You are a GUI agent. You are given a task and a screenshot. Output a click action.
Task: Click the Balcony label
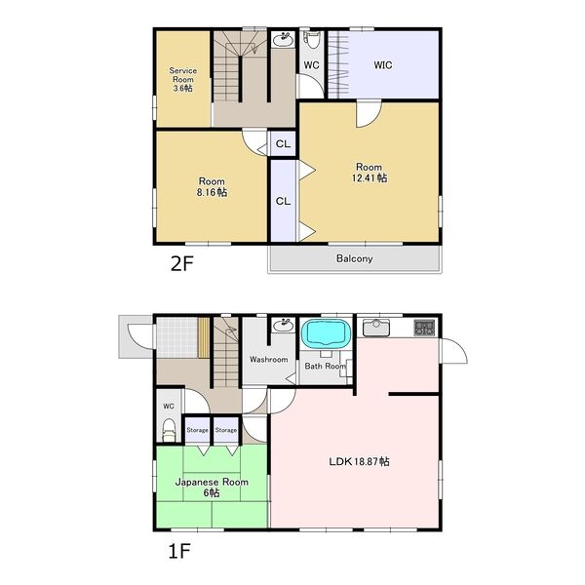pyautogui.click(x=354, y=258)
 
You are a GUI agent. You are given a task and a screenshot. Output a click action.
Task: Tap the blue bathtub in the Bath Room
pyautogui.click(x=326, y=333)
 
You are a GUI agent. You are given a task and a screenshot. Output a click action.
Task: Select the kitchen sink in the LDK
pyautogui.click(x=376, y=328)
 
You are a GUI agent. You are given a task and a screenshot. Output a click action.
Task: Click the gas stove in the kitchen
pyautogui.click(x=424, y=328)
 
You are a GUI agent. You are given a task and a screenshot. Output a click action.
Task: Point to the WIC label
pyautogui.click(x=383, y=65)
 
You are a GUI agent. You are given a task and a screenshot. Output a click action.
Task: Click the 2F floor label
pyautogui.click(x=181, y=264)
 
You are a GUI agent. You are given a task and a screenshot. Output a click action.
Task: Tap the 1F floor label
pyautogui.click(x=179, y=552)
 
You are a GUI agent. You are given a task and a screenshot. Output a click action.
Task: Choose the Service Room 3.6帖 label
pyautogui.click(x=183, y=80)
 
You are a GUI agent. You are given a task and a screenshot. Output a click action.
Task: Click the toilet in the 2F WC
pyautogui.click(x=312, y=40)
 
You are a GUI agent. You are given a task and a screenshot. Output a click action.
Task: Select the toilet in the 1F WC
pyautogui.click(x=169, y=430)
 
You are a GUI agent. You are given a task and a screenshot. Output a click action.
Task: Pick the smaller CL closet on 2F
pyautogui.click(x=283, y=143)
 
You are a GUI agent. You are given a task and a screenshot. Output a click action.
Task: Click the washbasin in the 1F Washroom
pyautogui.click(x=283, y=326)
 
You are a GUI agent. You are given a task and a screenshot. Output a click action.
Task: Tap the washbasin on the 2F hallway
pyautogui.click(x=283, y=39)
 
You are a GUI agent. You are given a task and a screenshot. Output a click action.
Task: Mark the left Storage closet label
pyautogui.click(x=197, y=430)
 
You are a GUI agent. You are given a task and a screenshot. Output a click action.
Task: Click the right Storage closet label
pyautogui.click(x=226, y=430)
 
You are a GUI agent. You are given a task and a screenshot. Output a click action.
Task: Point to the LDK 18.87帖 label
pyautogui.click(x=359, y=461)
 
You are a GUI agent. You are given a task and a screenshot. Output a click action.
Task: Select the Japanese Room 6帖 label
pyautogui.click(x=212, y=487)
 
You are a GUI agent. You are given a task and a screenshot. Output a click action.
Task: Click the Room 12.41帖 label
pyautogui.click(x=369, y=173)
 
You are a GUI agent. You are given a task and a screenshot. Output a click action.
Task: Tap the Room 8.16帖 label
pyautogui.click(x=212, y=187)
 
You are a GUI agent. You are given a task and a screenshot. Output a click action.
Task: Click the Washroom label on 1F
pyautogui.click(x=269, y=360)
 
